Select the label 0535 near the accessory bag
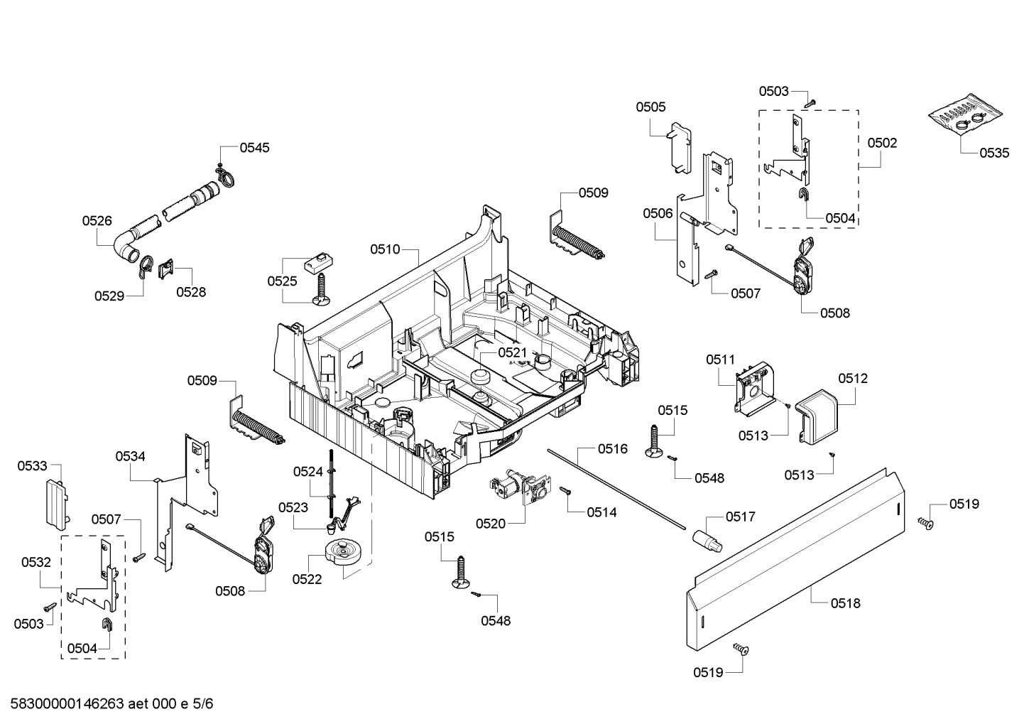pos(993,153)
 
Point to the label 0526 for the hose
pos(97,221)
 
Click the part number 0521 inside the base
pos(512,352)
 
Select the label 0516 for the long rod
pos(612,448)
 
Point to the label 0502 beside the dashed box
pos(882,143)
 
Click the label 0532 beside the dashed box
pos(36,562)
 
